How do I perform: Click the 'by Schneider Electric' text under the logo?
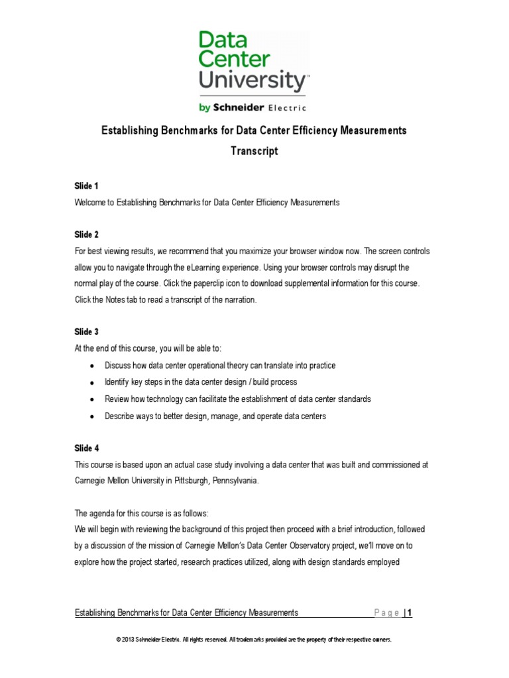[x=254, y=107]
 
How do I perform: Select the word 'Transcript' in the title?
[x=254, y=152]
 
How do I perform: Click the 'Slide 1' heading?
[x=87, y=186]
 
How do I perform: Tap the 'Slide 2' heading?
[x=87, y=234]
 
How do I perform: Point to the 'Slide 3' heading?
[x=87, y=332]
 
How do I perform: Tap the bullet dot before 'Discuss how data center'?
[x=91, y=366]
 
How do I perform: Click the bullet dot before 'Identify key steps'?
[x=91, y=383]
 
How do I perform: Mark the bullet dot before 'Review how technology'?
[x=91, y=400]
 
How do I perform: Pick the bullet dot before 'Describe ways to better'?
[x=91, y=416]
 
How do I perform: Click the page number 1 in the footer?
[x=410, y=613]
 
